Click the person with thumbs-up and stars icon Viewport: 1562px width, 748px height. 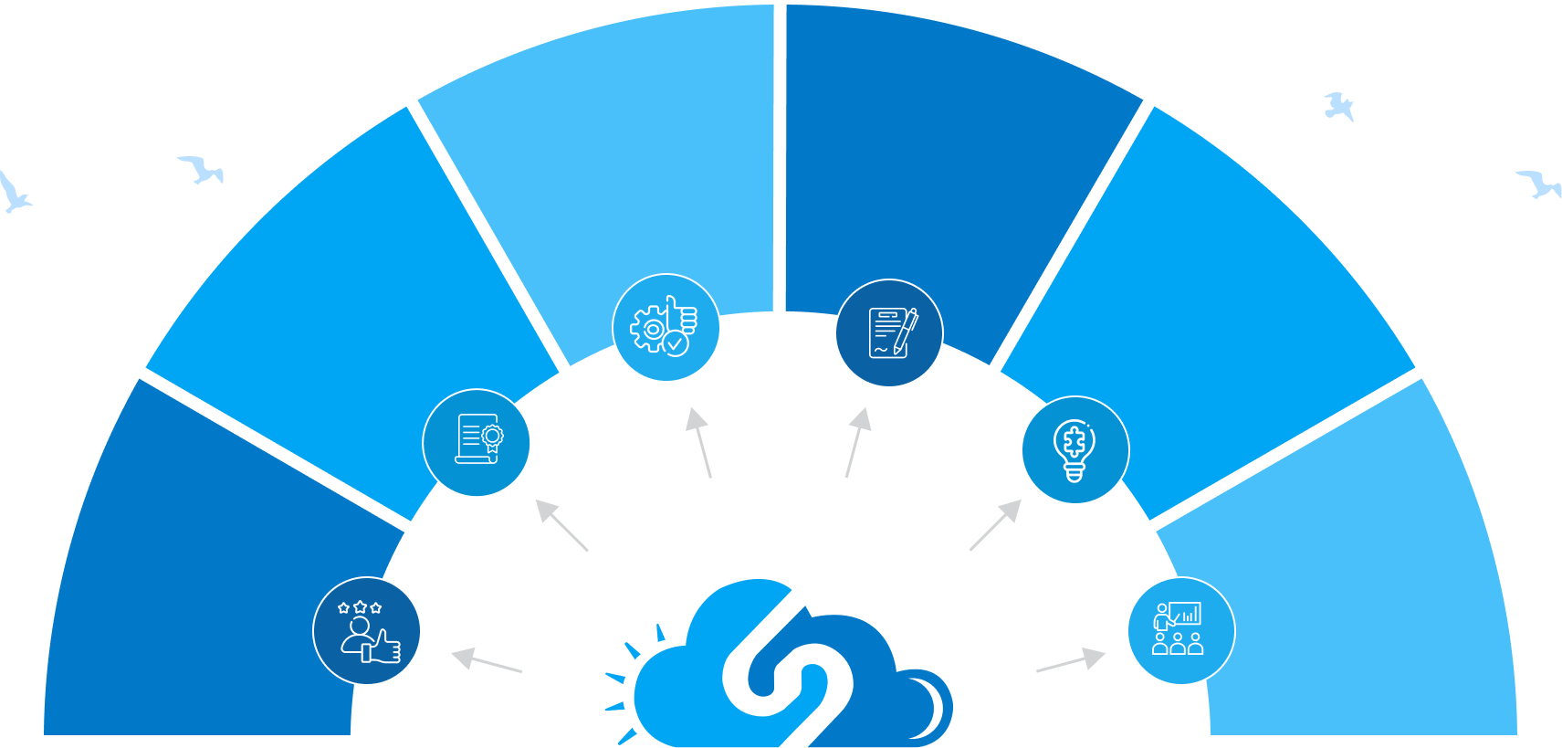pos(367,631)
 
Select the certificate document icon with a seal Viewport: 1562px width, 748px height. pos(477,443)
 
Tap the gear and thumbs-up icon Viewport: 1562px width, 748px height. pos(666,328)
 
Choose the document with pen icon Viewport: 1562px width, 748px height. pos(889,333)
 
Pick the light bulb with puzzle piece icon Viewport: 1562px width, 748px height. pos(1075,450)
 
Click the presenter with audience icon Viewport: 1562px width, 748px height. pos(1181,631)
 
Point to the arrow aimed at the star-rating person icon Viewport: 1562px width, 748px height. pos(486,661)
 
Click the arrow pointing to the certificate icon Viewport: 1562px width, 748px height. pos(561,524)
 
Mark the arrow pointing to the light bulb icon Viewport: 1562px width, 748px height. pos(996,524)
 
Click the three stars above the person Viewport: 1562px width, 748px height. pos(360,607)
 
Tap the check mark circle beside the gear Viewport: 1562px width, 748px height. pos(676,344)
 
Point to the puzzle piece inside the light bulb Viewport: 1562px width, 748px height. pos(1075,442)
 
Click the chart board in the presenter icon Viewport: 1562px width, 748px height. pos(1185,614)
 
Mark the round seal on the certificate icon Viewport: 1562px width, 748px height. pos(493,437)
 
